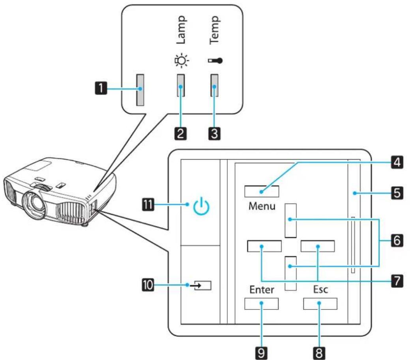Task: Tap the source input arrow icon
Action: (202, 285)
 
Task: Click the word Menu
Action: (262, 206)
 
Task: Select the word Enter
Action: (262, 290)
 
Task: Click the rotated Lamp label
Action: (181, 30)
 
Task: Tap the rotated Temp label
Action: (215, 30)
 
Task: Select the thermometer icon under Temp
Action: (215, 61)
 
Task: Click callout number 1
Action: (101, 88)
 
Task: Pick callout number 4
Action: (397, 163)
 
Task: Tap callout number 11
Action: (148, 204)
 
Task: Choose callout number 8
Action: (319, 353)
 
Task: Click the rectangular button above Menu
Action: (262, 191)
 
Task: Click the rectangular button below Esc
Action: (320, 304)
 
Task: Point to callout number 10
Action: (148, 285)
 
